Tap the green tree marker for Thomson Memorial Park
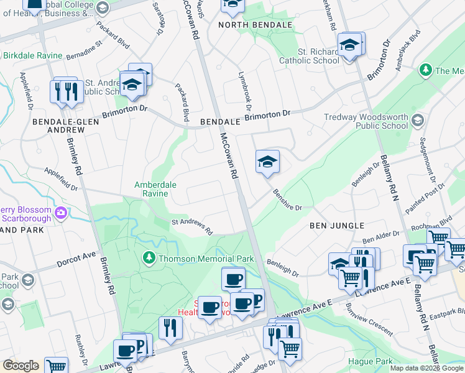coord(149,257)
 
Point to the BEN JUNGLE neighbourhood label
coord(336,226)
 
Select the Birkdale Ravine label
coord(32,55)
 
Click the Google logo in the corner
coord(20,366)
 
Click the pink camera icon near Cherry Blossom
coord(60,213)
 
